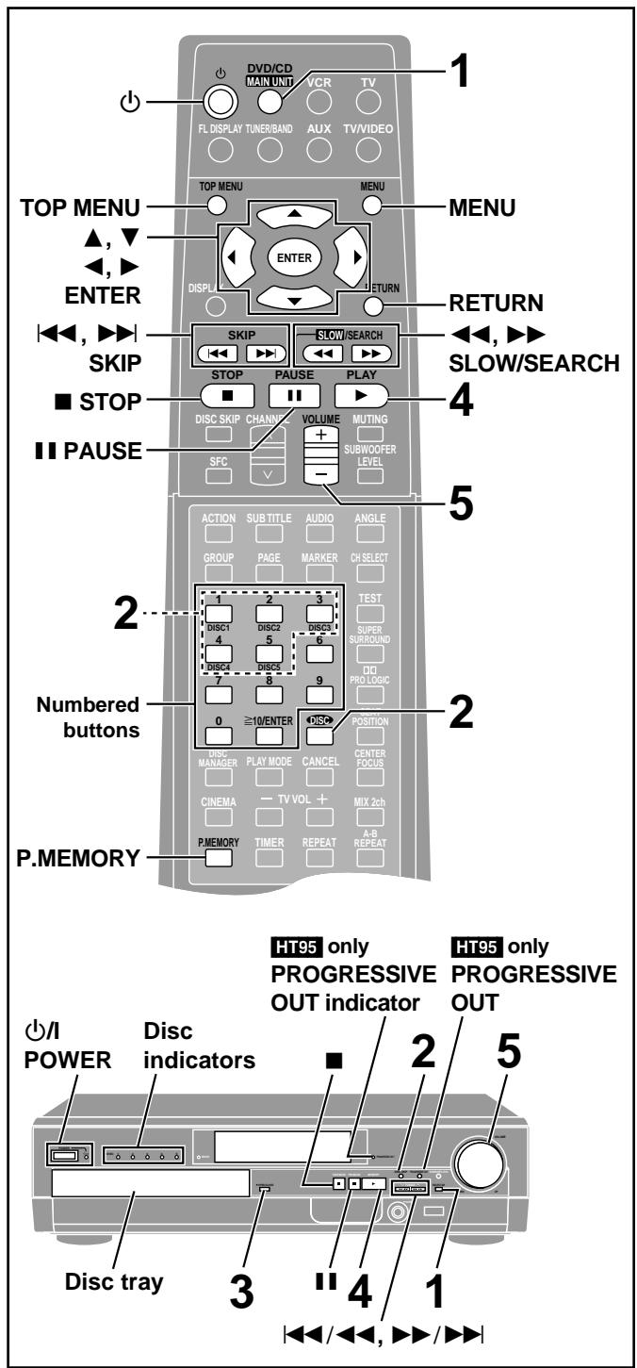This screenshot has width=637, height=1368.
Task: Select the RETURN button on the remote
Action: pyautogui.click(x=373, y=305)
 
